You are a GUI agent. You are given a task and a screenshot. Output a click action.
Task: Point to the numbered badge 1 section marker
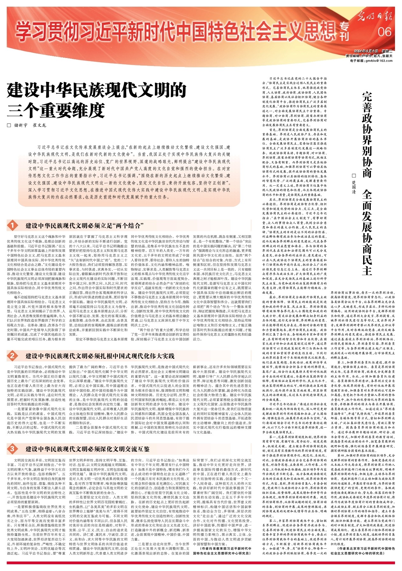coord(13,226)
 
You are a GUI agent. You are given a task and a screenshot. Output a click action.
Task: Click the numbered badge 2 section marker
coord(13,355)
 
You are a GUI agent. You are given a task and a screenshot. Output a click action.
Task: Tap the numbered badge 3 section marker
coord(13,449)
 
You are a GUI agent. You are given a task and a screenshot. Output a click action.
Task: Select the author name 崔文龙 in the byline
coord(39,125)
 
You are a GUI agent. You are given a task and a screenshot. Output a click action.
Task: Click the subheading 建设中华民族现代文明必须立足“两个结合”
coord(83,226)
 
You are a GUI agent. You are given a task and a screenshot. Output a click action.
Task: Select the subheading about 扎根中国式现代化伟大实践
coord(100,356)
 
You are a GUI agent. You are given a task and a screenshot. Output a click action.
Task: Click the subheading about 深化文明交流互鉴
coord(88,449)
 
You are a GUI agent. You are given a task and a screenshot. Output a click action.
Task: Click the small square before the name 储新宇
coord(9,125)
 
